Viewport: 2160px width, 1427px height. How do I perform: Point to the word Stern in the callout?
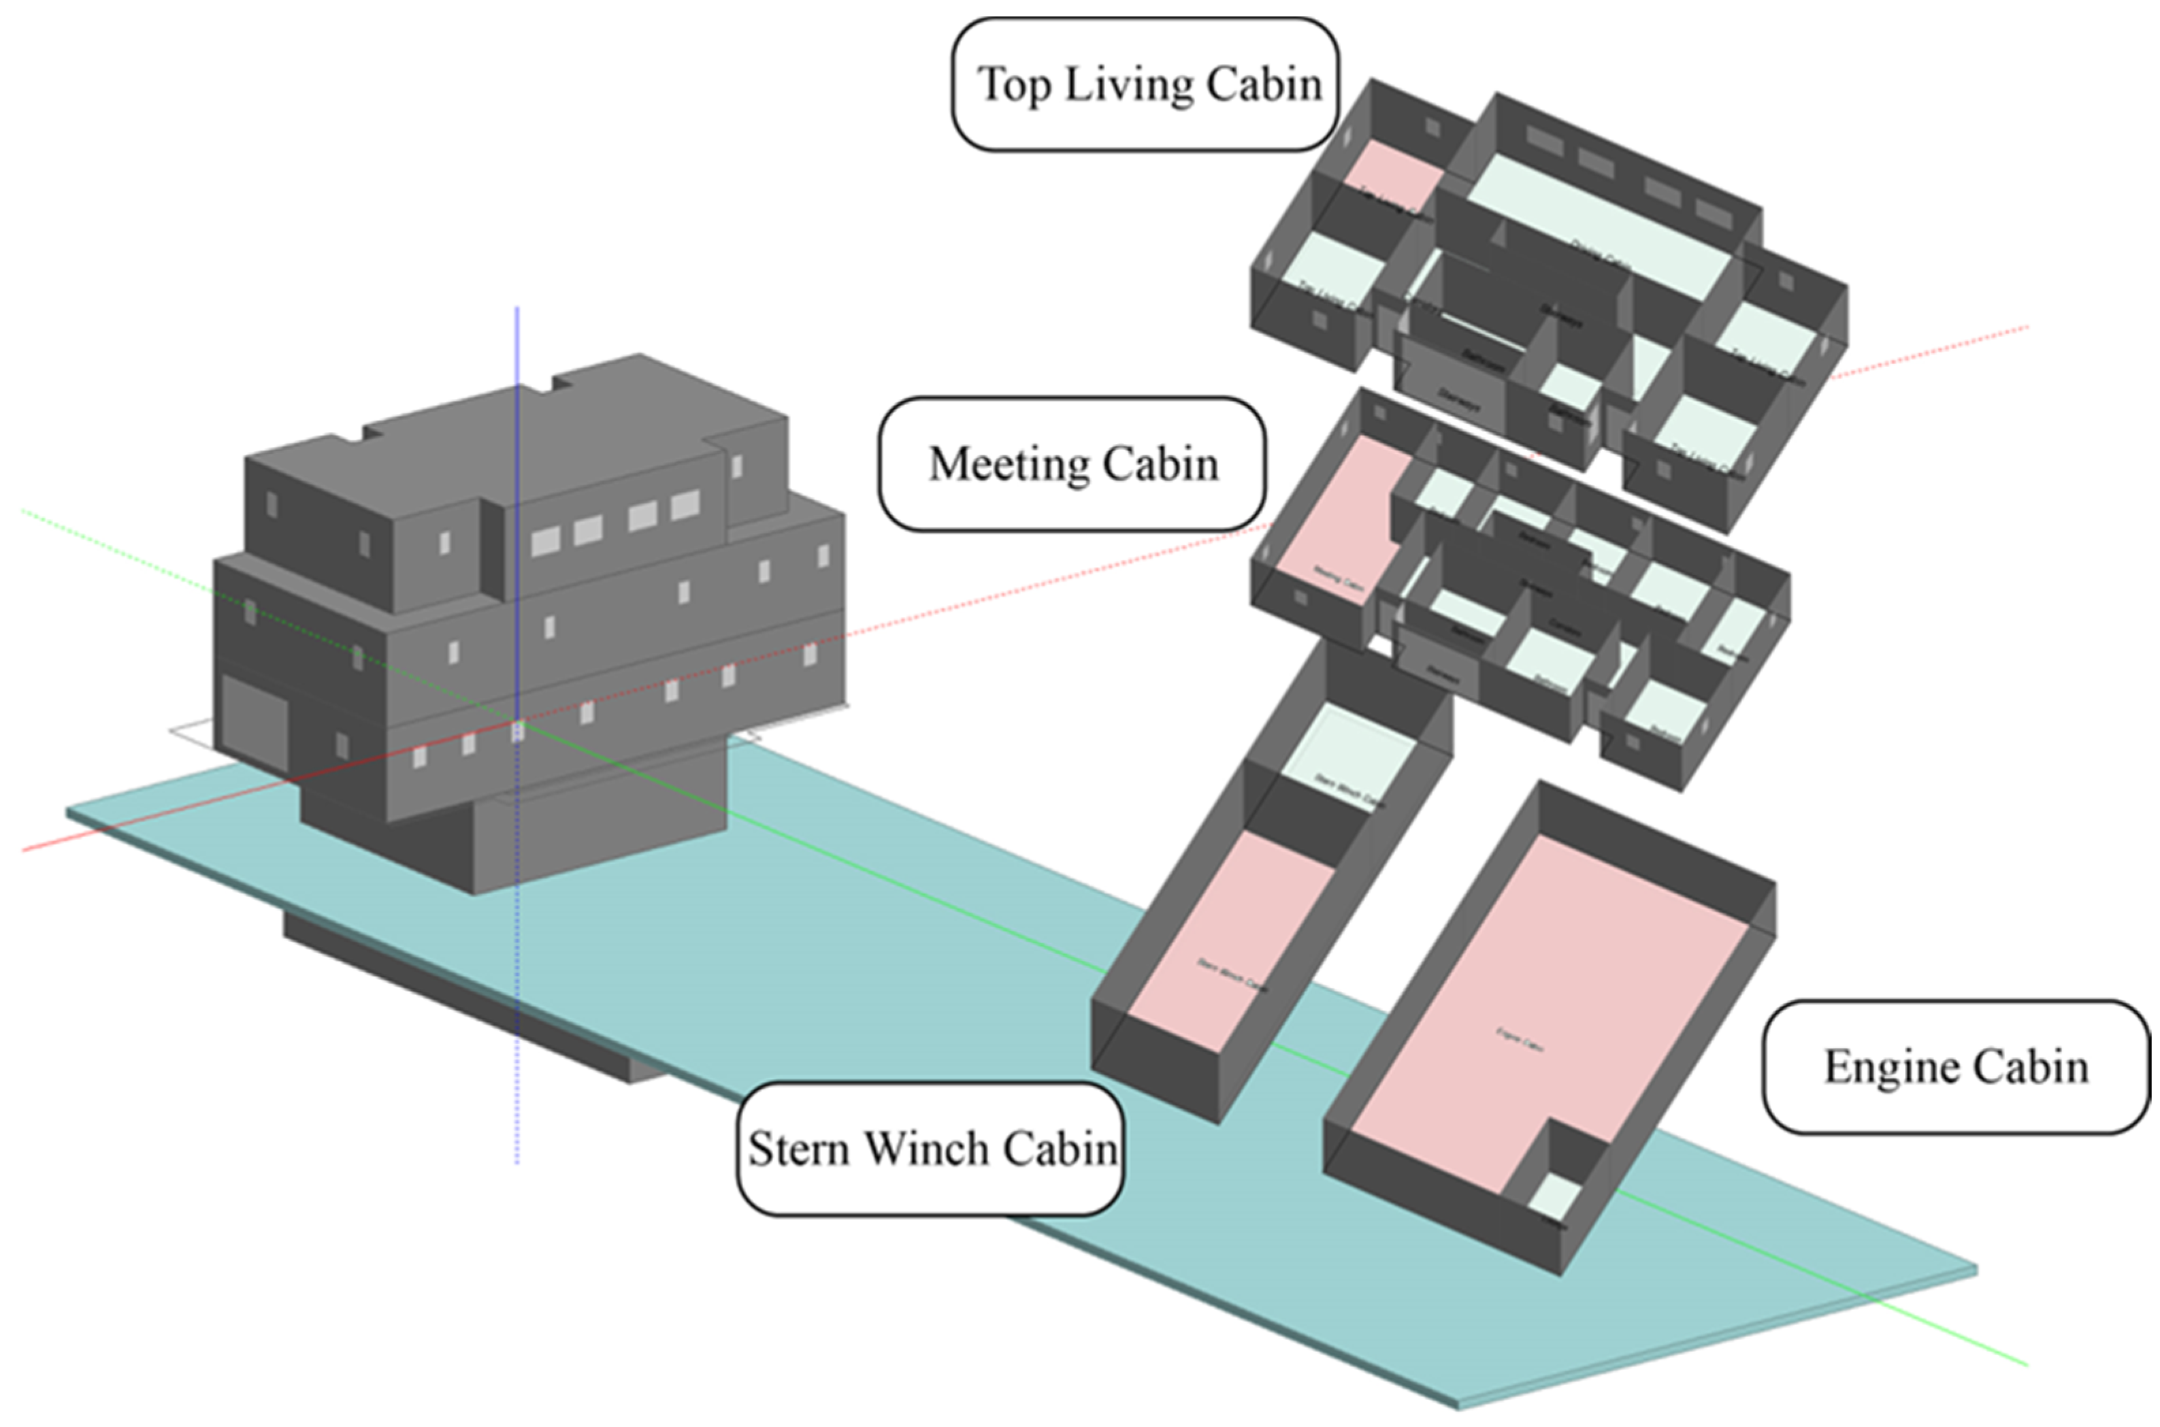tap(800, 1149)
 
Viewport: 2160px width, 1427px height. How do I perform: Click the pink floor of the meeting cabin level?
tap(1337, 519)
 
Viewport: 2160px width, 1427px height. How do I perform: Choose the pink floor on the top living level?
tap(1392, 173)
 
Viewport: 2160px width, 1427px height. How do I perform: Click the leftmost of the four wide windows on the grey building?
tap(545, 542)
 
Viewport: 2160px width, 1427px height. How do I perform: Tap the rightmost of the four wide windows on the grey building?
tap(685, 504)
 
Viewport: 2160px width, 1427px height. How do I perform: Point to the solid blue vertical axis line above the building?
tap(517, 346)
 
